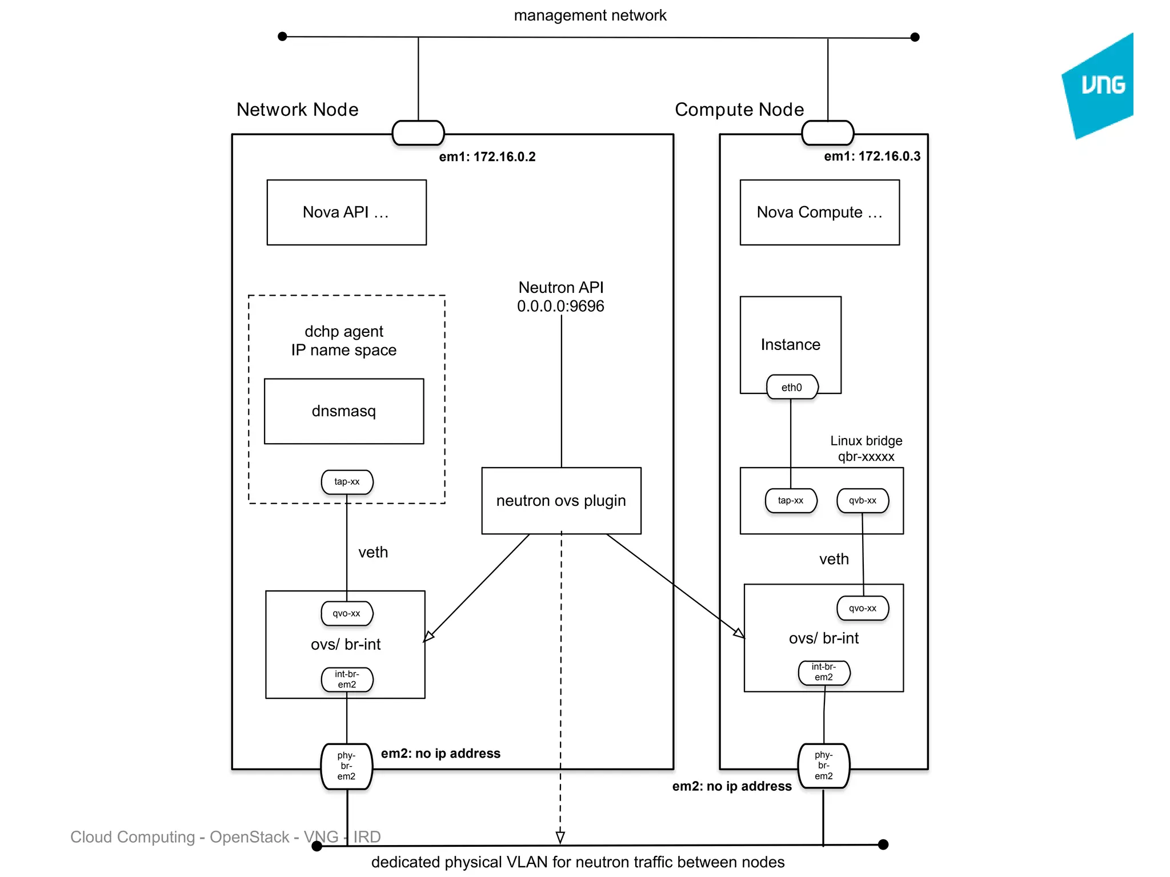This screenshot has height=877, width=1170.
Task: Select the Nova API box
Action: (x=346, y=212)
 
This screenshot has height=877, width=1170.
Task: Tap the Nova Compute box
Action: (x=819, y=212)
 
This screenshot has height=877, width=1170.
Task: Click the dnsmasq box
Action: (x=344, y=411)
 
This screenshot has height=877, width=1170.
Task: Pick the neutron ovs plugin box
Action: (x=561, y=501)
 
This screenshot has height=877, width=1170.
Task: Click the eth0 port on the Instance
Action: (x=792, y=387)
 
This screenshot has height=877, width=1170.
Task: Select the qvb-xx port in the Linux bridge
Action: (x=862, y=501)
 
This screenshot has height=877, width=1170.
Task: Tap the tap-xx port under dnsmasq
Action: (x=347, y=482)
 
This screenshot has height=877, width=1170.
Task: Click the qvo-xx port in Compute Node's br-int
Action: (x=862, y=608)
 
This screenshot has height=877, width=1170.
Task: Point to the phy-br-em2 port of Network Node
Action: (x=346, y=766)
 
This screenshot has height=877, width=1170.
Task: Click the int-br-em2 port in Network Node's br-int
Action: (x=347, y=679)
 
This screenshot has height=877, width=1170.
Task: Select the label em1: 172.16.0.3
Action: (x=872, y=156)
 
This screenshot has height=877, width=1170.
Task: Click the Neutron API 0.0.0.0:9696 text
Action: (x=560, y=297)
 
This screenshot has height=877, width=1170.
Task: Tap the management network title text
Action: (x=590, y=15)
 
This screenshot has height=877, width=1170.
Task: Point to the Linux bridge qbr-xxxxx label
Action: (x=866, y=448)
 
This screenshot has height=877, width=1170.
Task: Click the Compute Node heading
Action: (x=739, y=110)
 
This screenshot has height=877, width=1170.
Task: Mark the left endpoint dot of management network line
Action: (x=282, y=37)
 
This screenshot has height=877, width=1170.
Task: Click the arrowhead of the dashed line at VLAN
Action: (x=560, y=837)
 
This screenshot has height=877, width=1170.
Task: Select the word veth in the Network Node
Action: (x=373, y=552)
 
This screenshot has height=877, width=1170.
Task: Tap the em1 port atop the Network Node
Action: (x=418, y=132)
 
